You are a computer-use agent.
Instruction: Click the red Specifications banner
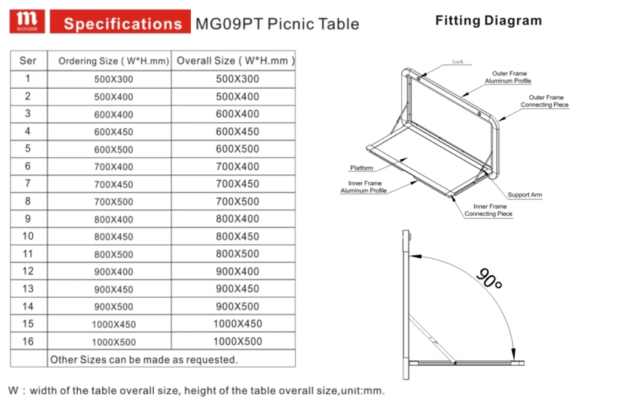[x=122, y=23]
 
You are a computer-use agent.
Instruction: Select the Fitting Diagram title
[x=488, y=21]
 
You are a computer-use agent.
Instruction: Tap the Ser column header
[x=28, y=61]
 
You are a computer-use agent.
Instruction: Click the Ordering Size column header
[x=113, y=61]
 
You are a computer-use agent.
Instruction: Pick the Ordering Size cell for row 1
[x=114, y=79]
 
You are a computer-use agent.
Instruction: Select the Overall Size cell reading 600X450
[x=237, y=131]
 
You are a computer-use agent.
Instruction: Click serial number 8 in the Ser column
[x=28, y=201]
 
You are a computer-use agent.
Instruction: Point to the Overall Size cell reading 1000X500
[x=237, y=342]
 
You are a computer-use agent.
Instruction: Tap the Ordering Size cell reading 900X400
[x=114, y=272]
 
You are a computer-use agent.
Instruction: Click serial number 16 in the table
[x=28, y=342]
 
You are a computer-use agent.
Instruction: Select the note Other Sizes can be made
[x=143, y=360]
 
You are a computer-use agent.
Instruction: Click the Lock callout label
[x=458, y=62]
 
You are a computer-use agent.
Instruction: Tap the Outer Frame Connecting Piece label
[x=545, y=101]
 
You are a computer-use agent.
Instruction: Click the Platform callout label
[x=362, y=168]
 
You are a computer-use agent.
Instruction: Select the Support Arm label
[x=525, y=195]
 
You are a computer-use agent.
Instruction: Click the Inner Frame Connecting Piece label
[x=489, y=210]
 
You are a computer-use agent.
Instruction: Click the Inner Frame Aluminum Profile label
[x=364, y=187]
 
